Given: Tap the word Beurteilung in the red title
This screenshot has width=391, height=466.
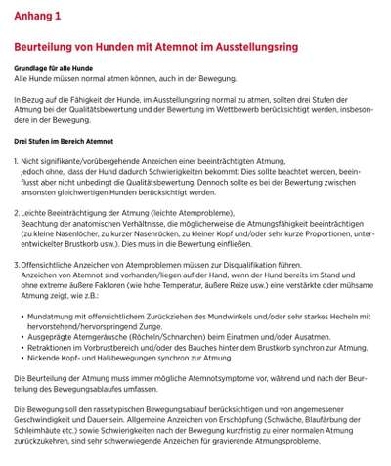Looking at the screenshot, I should point(48,47).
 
